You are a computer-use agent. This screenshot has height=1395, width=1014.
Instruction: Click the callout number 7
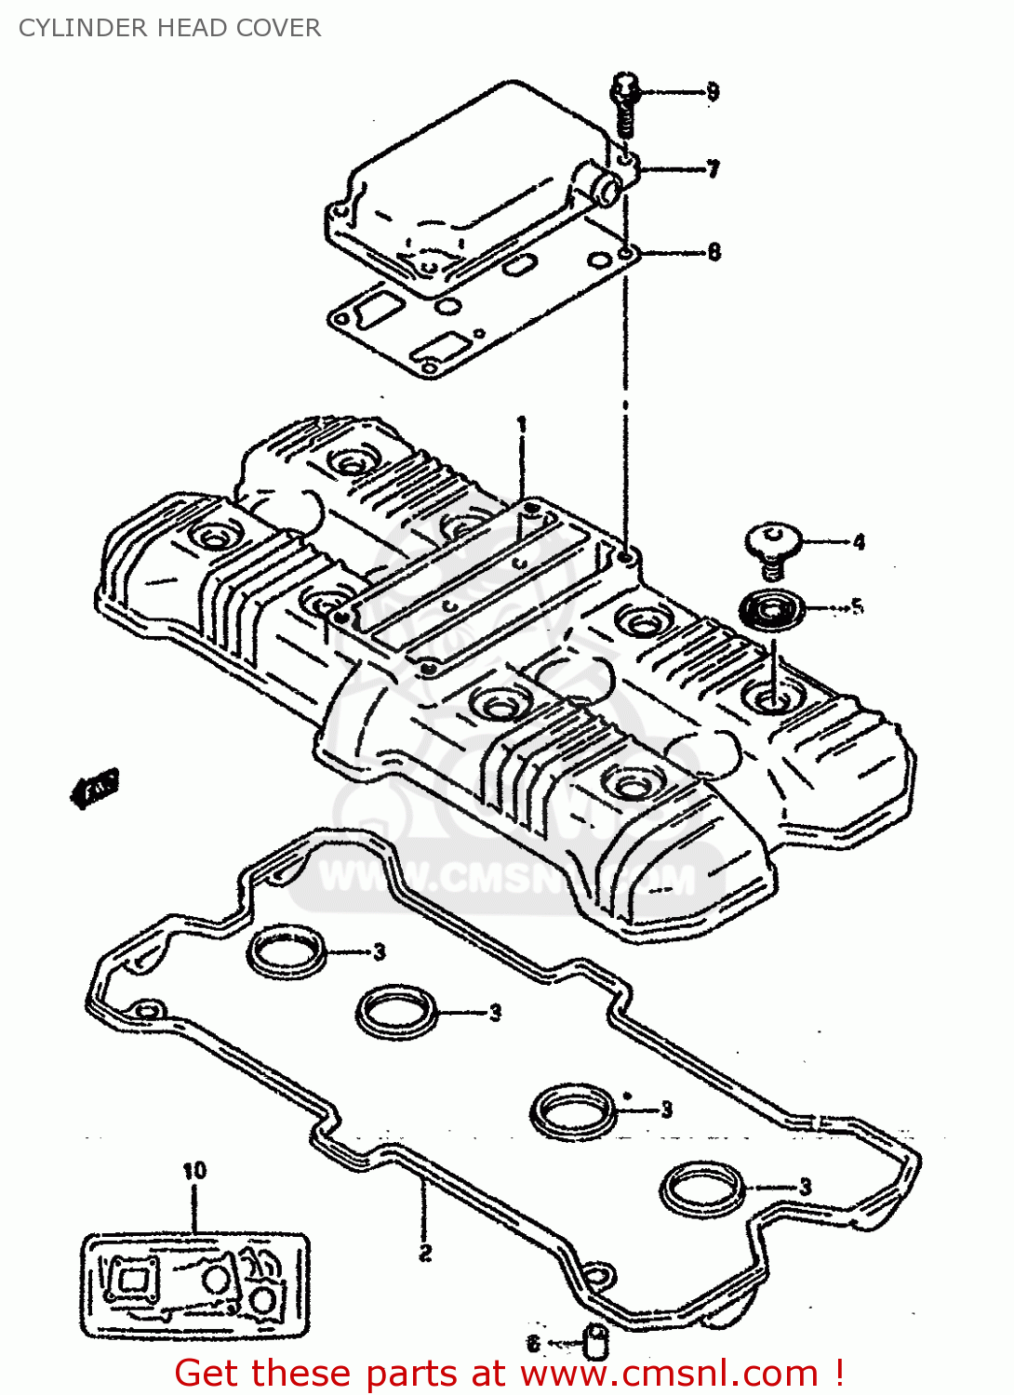click(713, 169)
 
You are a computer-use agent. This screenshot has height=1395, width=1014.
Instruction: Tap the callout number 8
click(714, 252)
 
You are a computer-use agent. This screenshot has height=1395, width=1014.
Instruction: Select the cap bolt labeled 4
click(773, 545)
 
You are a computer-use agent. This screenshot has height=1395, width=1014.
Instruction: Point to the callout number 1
click(522, 424)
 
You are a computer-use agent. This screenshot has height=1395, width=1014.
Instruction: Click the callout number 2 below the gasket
click(425, 1253)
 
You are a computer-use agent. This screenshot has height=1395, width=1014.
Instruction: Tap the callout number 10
click(194, 1171)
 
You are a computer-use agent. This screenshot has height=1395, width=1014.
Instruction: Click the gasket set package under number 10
click(195, 1285)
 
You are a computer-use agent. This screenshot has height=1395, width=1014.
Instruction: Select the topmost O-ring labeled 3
click(287, 951)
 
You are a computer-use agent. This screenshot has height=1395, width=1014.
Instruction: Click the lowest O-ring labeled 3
click(703, 1188)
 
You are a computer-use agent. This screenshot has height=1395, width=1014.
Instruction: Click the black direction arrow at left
click(95, 788)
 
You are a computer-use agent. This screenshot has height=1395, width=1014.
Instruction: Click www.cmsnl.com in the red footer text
click(668, 1374)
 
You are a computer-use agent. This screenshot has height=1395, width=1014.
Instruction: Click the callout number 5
click(857, 606)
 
